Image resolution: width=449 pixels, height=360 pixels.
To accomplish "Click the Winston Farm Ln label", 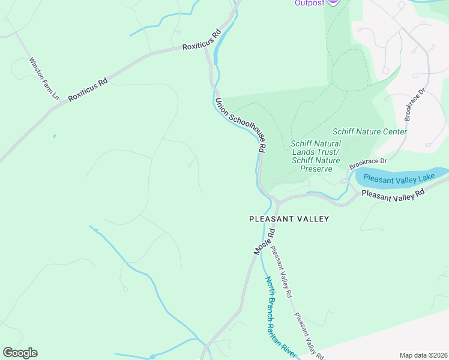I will [x=44, y=79].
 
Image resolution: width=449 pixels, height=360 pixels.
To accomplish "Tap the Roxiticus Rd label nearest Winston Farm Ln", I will [x=88, y=89].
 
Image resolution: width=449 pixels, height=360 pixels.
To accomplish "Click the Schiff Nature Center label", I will [x=370, y=131].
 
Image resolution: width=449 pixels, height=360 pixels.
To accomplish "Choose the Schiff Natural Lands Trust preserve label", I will [x=316, y=156].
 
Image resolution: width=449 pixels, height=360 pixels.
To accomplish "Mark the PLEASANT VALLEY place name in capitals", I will [x=289, y=219].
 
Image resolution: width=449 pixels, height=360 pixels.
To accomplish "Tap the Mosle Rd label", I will [x=264, y=242].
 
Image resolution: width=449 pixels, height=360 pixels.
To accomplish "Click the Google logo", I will [x=20, y=353].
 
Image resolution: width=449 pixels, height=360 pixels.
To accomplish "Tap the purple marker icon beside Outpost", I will [x=335, y=2].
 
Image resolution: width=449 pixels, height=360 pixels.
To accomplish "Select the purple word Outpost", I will [x=309, y=3].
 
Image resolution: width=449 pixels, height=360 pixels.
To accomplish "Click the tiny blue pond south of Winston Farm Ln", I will [x=54, y=136].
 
